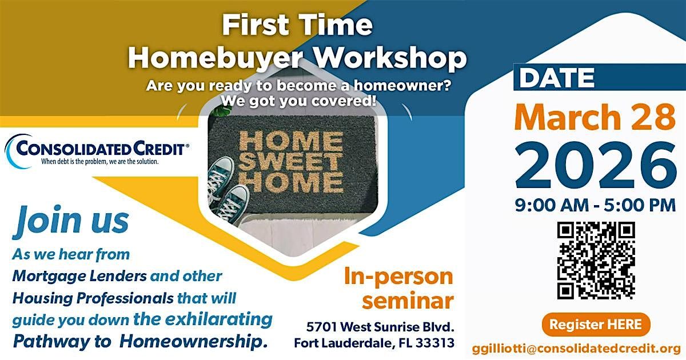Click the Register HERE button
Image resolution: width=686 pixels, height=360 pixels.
[x=596, y=325]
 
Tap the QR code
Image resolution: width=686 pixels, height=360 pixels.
[x=596, y=261]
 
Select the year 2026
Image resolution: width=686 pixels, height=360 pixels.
[x=596, y=166]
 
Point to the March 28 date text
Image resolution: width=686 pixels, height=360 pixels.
[x=595, y=118]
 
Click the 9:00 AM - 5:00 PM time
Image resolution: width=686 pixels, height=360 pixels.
[x=595, y=205]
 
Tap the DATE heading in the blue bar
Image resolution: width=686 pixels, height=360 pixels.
[x=557, y=78]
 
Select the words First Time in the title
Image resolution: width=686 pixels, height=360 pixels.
[x=297, y=25]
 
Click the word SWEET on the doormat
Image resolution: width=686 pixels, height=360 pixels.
[x=290, y=161]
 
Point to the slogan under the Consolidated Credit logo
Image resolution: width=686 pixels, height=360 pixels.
[x=100, y=162]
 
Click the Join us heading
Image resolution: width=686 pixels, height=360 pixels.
[x=71, y=220]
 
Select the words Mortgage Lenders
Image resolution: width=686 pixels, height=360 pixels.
[x=79, y=277]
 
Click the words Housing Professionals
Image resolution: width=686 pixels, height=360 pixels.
[x=93, y=298]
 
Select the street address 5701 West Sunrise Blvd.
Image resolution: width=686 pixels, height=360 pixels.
[x=380, y=327]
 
